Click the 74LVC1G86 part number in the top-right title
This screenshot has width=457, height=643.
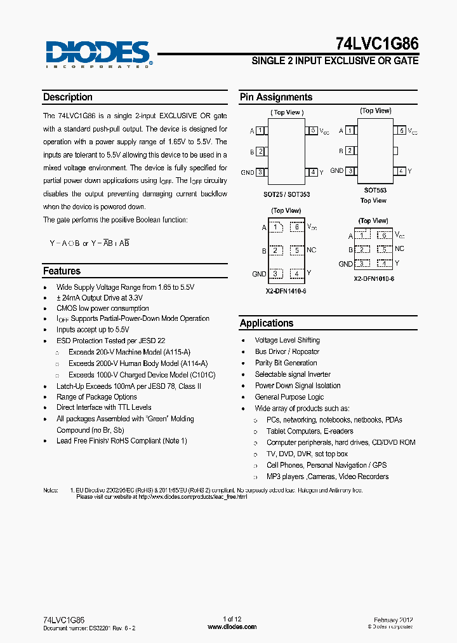click(377, 43)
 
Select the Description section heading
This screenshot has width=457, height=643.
click(68, 97)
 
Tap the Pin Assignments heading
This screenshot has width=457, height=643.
click(276, 97)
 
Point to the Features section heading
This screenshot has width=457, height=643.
click(62, 271)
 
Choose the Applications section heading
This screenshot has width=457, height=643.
click(267, 323)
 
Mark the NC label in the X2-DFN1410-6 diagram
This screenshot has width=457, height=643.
click(311, 250)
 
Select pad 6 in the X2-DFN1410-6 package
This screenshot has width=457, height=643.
click(296, 227)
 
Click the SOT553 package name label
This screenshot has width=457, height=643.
click(374, 190)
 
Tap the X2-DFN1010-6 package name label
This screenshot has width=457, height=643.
click(374, 279)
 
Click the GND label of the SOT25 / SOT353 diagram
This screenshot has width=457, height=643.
click(247, 172)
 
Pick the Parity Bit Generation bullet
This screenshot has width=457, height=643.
click(286, 363)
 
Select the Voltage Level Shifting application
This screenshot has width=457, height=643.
click(287, 341)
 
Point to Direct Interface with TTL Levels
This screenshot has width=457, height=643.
click(103, 407)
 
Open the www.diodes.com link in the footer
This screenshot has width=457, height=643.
click(232, 627)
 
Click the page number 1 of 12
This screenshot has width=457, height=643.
click(232, 619)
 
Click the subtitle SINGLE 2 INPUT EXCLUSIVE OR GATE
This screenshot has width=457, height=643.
click(335, 61)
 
